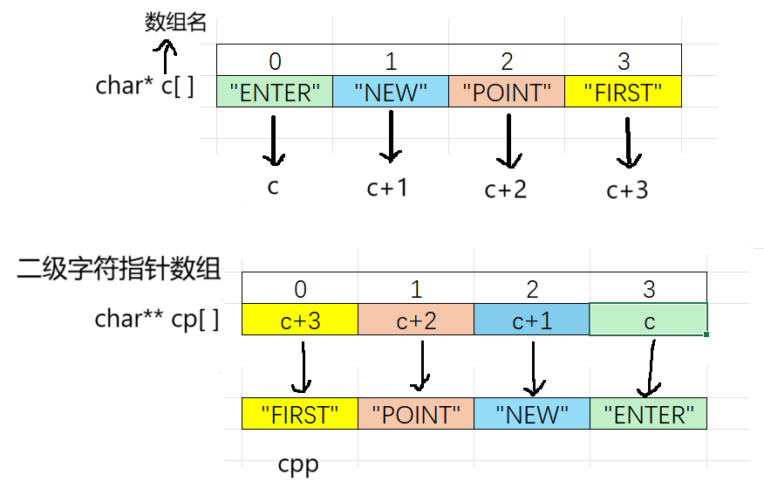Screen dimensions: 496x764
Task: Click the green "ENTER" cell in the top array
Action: pyautogui.click(x=275, y=92)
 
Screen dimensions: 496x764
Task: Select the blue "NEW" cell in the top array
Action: pyautogui.click(x=391, y=92)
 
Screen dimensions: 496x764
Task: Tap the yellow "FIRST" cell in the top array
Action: pyautogui.click(x=623, y=92)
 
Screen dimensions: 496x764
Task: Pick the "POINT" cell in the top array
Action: pyautogui.click(x=507, y=92)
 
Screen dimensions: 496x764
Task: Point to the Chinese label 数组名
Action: pyautogui.click(x=175, y=22)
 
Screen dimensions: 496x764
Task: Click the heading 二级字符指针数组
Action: pyautogui.click(x=119, y=270)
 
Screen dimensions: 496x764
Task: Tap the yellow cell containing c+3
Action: pyautogui.click(x=299, y=320)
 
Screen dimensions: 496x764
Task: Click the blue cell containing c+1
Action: pyautogui.click(x=532, y=320)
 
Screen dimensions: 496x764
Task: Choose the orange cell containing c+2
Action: pyautogui.click(x=416, y=320)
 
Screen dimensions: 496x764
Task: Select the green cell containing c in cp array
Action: pyautogui.click(x=648, y=320)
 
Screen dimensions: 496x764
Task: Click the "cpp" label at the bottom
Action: pyautogui.click(x=298, y=464)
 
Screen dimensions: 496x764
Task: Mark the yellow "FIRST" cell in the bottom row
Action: pyautogui.click(x=299, y=414)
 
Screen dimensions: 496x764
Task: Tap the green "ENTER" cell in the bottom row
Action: pyautogui.click(x=648, y=414)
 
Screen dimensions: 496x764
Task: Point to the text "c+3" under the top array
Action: pyautogui.click(x=627, y=189)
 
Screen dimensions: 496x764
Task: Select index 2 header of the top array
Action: pyautogui.click(x=507, y=61)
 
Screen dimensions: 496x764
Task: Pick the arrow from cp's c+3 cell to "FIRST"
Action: pyautogui.click(x=302, y=367)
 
